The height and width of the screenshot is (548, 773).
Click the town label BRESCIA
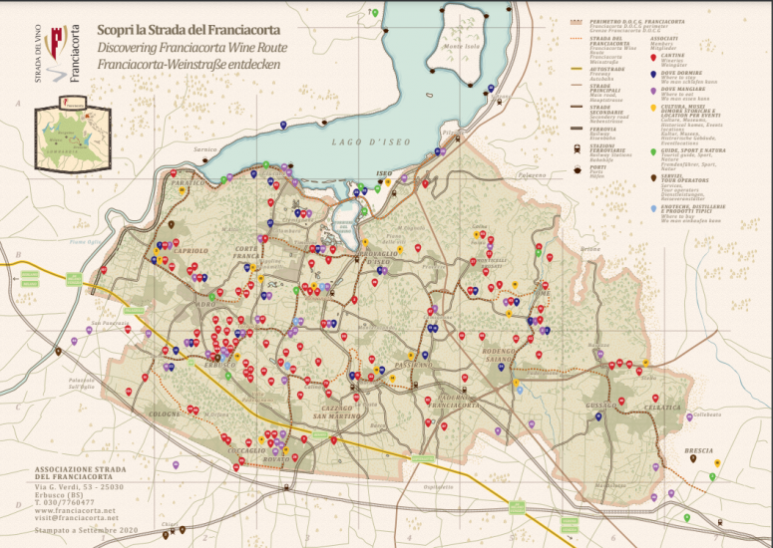tap(699, 450)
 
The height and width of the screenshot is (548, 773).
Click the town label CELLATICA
tap(662, 408)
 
